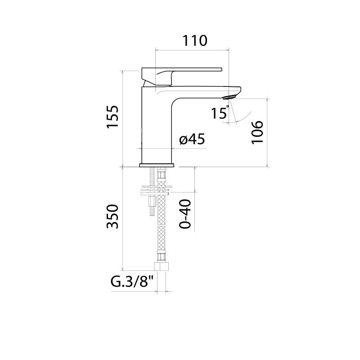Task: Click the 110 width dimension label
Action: click(195, 40)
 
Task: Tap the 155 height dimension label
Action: click(112, 117)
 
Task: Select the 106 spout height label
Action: click(257, 132)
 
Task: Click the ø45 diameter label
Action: click(192, 139)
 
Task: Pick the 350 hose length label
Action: click(112, 216)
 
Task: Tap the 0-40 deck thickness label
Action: click(185, 214)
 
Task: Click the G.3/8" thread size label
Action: click(132, 282)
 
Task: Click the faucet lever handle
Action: click(181, 75)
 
